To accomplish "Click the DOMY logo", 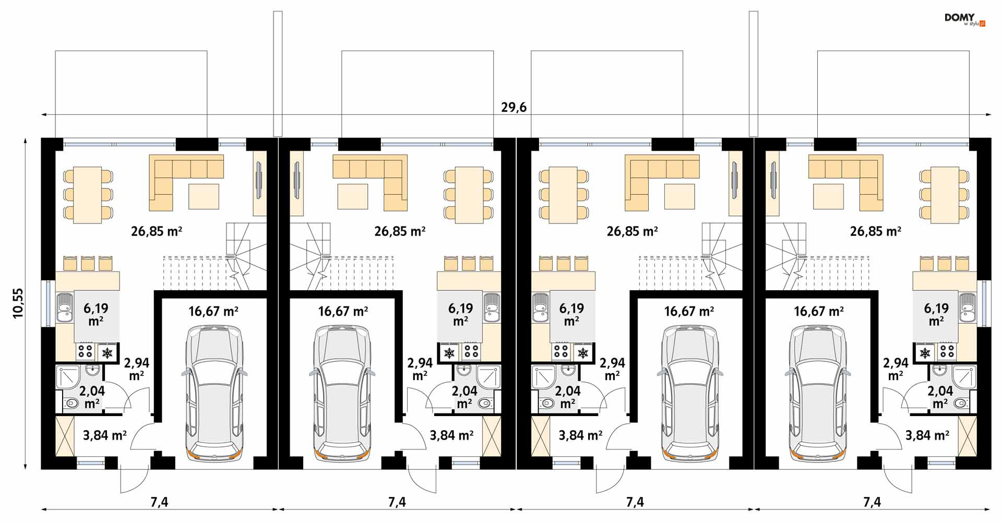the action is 964,20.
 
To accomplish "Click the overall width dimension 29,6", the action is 514,108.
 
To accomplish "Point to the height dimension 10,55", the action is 19,303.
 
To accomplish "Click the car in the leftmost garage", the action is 214,393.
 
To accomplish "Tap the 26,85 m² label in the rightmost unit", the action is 875,231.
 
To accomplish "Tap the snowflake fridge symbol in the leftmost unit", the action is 107,353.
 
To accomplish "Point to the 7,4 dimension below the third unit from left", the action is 635,502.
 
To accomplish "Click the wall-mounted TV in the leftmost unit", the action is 258,180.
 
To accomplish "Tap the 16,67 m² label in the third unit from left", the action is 689,312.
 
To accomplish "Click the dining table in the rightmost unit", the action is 945,195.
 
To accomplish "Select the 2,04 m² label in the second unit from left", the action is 464,397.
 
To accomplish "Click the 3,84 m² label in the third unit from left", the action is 580,435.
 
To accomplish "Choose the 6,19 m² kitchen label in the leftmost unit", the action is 96,314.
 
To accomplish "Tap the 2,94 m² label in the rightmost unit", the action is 896,369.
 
